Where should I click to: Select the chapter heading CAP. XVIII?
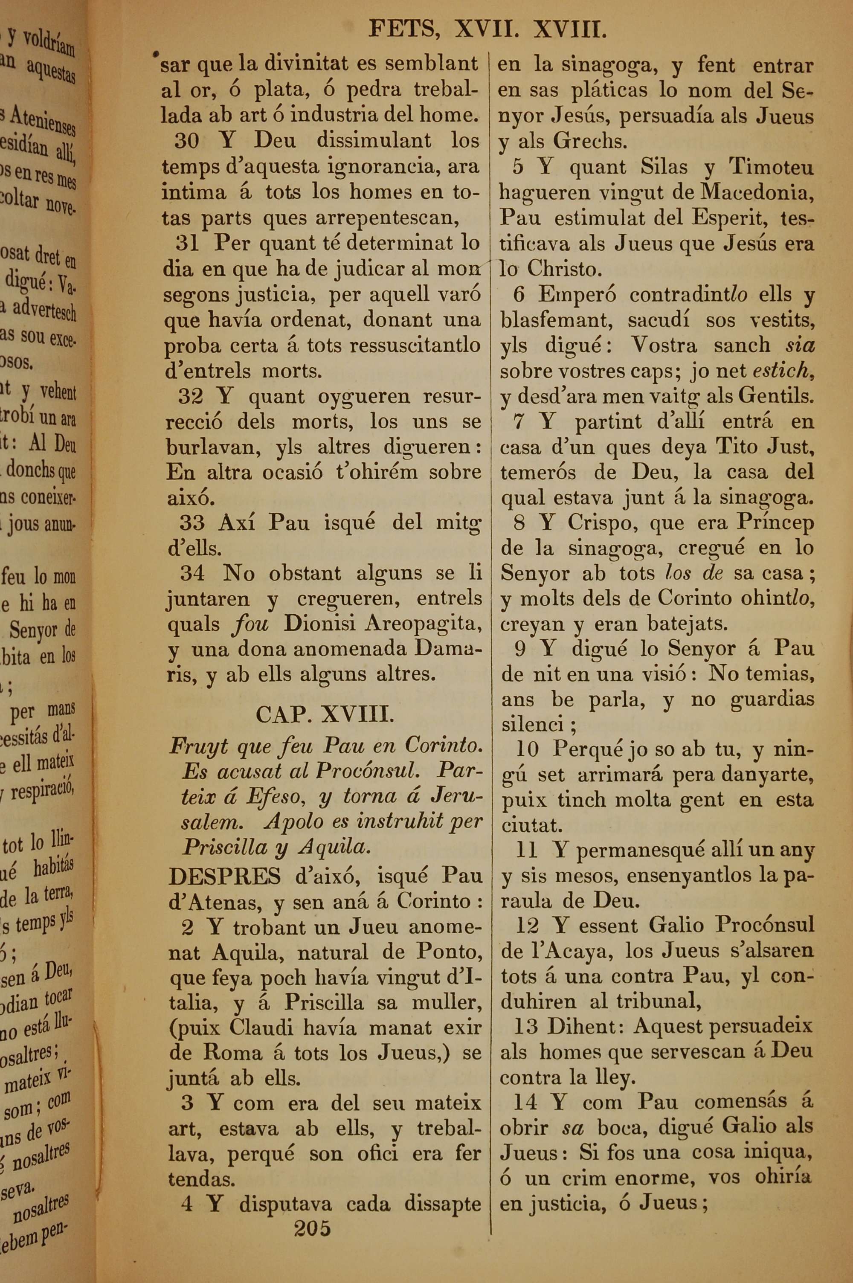[x=325, y=714]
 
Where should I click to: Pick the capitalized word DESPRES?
[x=224, y=876]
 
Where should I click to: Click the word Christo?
[x=563, y=269]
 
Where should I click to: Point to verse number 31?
[x=188, y=243]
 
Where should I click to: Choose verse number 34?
[x=193, y=573]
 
